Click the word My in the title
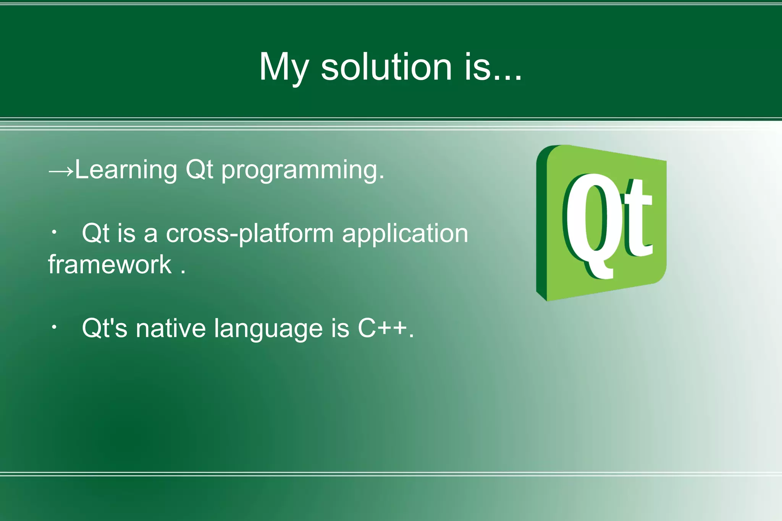tap(283, 68)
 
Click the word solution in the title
tap(386, 67)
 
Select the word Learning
tap(126, 170)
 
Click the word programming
tap(302, 171)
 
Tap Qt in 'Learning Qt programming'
tap(199, 170)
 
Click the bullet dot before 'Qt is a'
tap(54, 232)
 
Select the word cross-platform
tap(249, 234)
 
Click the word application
tap(405, 234)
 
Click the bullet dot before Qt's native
tap(54, 327)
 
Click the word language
tap(268, 329)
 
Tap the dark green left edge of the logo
tap(541, 225)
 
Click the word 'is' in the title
tap(477, 67)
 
